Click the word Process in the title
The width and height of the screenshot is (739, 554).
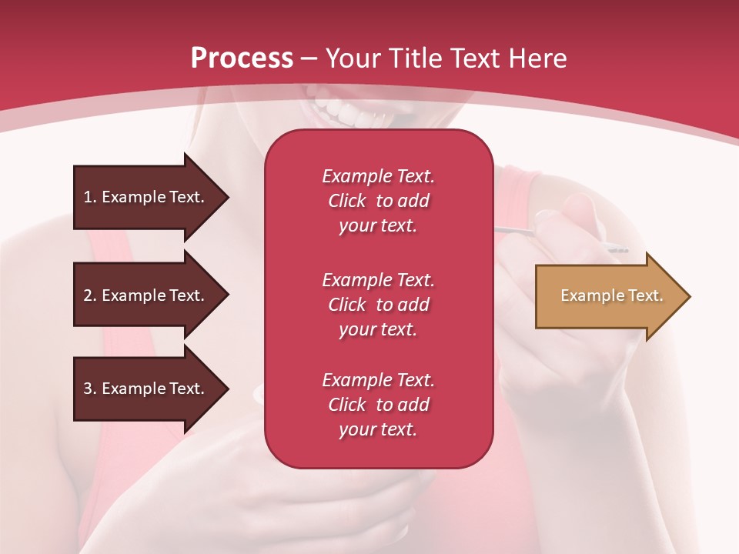pyautogui.click(x=242, y=58)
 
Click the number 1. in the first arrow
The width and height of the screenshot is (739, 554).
pyautogui.click(x=90, y=197)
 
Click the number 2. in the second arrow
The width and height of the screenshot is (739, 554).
pyautogui.click(x=90, y=295)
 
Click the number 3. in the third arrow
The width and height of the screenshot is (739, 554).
pyautogui.click(x=90, y=389)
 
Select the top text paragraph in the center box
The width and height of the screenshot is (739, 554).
pyautogui.click(x=378, y=201)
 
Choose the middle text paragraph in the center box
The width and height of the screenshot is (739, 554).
pyautogui.click(x=378, y=305)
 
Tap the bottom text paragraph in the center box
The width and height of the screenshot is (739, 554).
pyautogui.click(x=378, y=405)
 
